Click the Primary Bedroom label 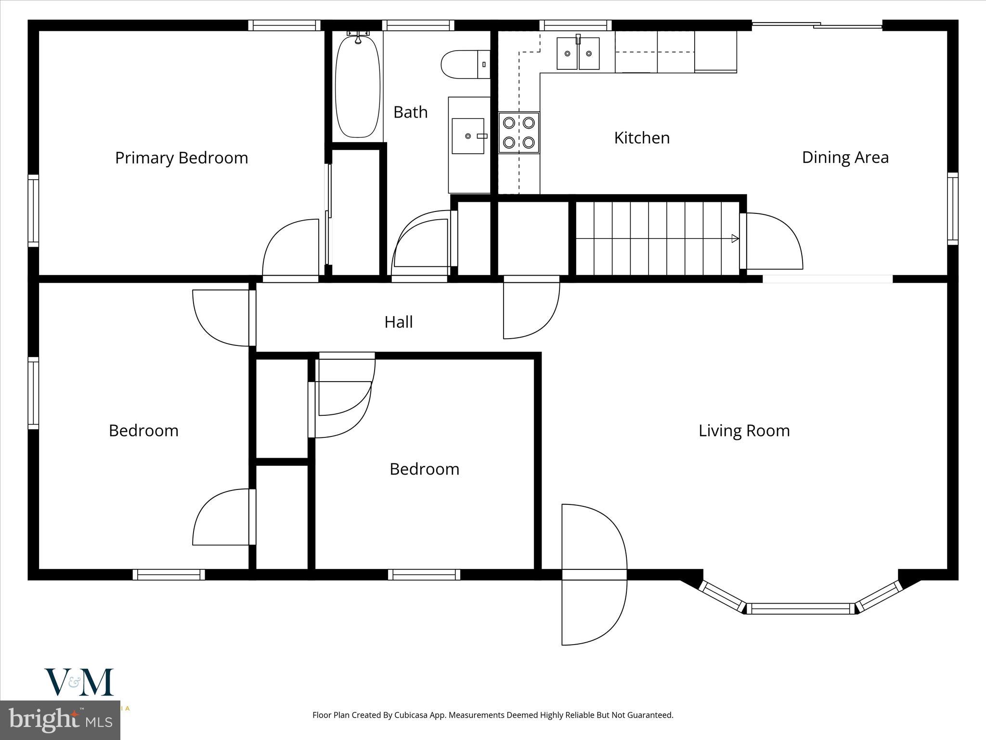pyautogui.click(x=182, y=158)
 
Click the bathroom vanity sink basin pyautogui.click(x=467, y=136)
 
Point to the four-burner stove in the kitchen pyautogui.click(x=519, y=132)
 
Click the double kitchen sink pyautogui.click(x=578, y=53)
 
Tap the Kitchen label pyautogui.click(x=642, y=138)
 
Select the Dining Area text pyautogui.click(x=845, y=158)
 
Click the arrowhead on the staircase pyautogui.click(x=735, y=238)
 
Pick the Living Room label pyautogui.click(x=744, y=431)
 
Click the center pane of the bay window pyautogui.click(x=800, y=609)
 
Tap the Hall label pyautogui.click(x=398, y=322)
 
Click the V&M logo pyautogui.click(x=79, y=682)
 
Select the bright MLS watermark pyautogui.click(x=60, y=720)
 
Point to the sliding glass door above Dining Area pyautogui.click(x=817, y=25)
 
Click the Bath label pyautogui.click(x=410, y=112)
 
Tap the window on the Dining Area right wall pyautogui.click(x=952, y=208)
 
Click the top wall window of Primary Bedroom pyautogui.click(x=284, y=26)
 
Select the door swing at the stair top pyautogui.click(x=773, y=241)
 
